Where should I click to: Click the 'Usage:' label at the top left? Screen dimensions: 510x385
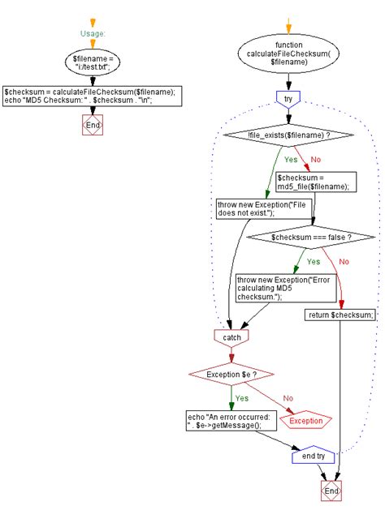click(93, 35)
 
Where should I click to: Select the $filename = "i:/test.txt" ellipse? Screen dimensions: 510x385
click(93, 62)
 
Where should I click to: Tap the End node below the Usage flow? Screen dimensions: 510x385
click(93, 125)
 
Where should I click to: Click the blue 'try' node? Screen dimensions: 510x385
click(289, 98)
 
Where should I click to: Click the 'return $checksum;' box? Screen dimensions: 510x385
click(341, 315)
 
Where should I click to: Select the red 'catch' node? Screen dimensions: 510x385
click(231, 335)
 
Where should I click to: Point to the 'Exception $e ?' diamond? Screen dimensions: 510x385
click(231, 374)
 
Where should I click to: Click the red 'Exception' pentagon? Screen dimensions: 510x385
click(305, 420)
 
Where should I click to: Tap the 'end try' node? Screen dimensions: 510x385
click(313, 456)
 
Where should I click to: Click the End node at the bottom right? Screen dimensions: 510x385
click(331, 491)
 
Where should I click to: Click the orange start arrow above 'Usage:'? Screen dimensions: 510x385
click(93, 22)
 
